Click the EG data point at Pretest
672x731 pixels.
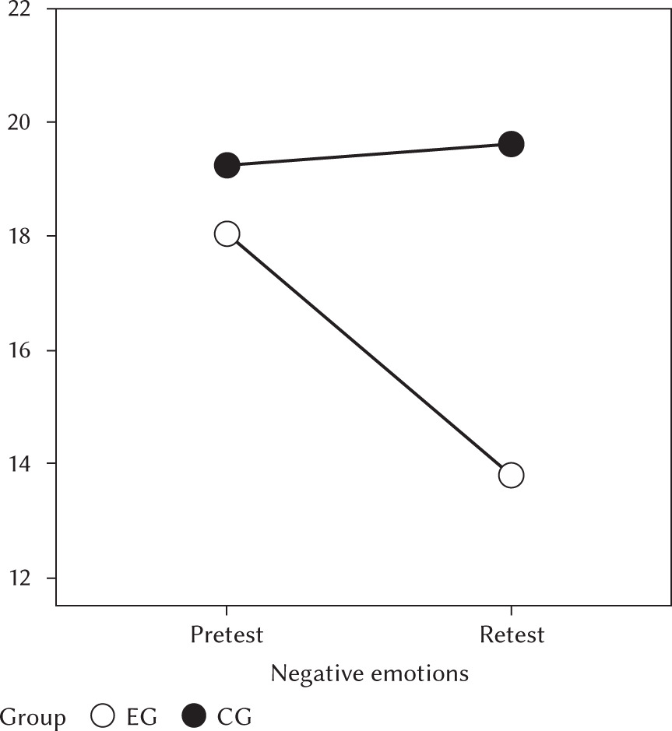227,234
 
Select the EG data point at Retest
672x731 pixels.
511,475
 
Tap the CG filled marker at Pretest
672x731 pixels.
227,166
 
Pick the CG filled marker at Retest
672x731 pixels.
511,144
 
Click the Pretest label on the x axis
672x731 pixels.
227,635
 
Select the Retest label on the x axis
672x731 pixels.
512,635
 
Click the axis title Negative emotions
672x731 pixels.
369,673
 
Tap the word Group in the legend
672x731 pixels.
33,716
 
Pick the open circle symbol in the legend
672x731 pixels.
103,715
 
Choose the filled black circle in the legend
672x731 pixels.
193,715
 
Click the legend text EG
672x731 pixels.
142,716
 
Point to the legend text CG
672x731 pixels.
234,716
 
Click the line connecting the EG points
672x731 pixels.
369,354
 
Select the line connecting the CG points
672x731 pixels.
369,155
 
